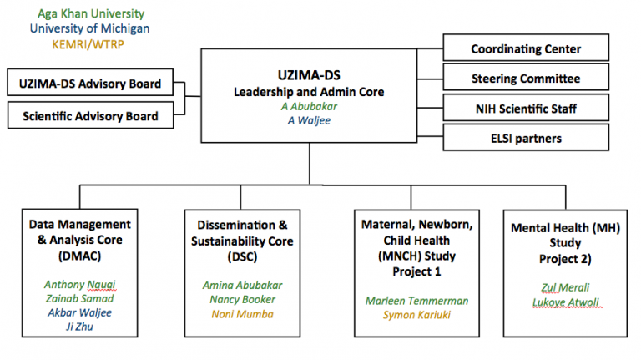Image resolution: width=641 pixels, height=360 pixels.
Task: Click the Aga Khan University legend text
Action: tap(90, 14)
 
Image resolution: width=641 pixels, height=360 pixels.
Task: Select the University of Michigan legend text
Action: tap(90, 29)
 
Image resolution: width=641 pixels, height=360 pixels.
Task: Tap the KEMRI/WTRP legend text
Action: tap(88, 44)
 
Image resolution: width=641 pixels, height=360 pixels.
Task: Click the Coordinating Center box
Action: tap(526, 49)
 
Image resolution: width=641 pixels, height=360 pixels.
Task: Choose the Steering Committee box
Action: tap(526, 79)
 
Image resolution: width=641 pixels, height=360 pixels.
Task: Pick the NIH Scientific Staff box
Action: tap(526, 109)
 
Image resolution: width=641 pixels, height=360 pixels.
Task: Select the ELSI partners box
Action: tap(526, 138)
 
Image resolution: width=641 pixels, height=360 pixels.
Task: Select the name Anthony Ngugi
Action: tap(80, 283)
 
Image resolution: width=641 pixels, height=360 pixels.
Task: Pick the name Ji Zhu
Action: tap(80, 326)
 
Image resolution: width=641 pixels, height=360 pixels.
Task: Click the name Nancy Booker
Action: tap(242, 298)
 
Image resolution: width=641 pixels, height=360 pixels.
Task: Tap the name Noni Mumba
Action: tap(242, 313)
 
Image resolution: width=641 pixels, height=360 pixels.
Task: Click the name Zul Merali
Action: tap(564, 286)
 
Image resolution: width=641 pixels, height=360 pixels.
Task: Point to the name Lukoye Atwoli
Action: tap(564, 302)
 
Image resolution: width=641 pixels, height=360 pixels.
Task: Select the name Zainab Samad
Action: tap(80, 297)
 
